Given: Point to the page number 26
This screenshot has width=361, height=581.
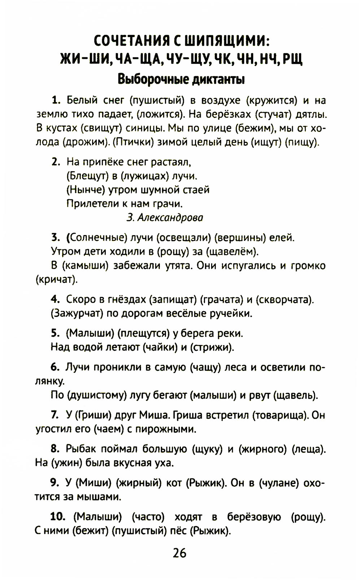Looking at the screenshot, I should [x=179, y=553].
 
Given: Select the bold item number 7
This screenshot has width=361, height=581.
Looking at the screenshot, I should [x=55, y=415].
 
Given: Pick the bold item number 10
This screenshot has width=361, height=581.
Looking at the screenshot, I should [x=58, y=517].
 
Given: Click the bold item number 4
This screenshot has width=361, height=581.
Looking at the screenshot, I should [x=55, y=299].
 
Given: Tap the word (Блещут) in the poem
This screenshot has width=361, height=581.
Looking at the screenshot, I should [x=88, y=176].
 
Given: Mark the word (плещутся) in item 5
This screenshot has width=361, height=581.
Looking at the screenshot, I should [x=144, y=333].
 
